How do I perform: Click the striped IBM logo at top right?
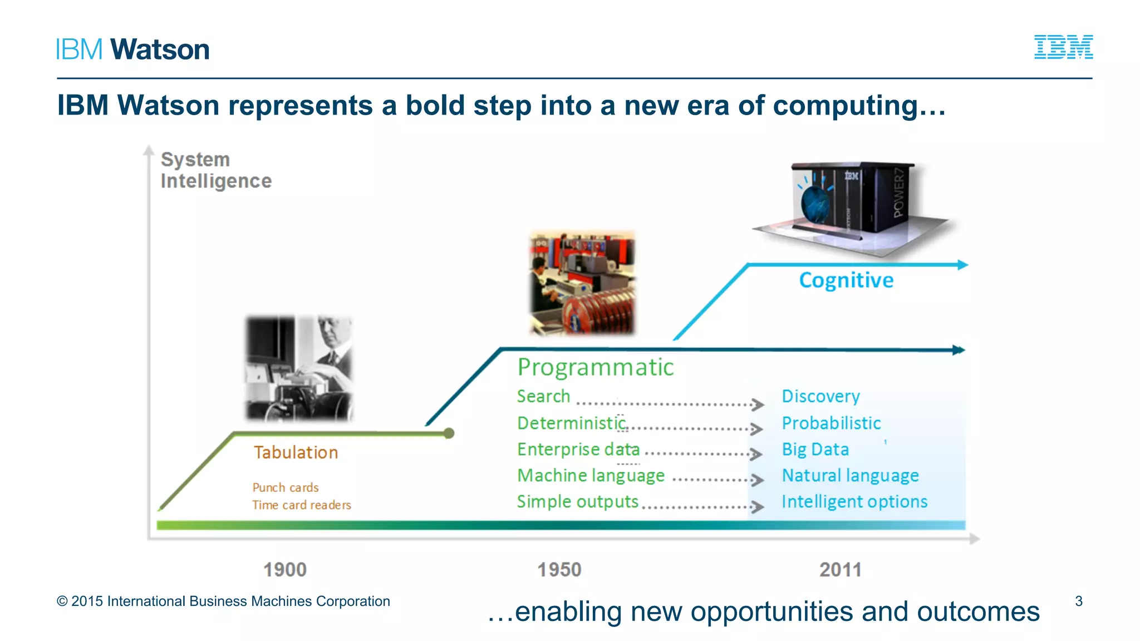pos(1063,47)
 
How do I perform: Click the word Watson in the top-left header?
pos(160,50)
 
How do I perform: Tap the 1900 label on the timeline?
pos(284,570)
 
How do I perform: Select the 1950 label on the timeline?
pos(559,570)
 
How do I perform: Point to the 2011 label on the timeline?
pos(840,570)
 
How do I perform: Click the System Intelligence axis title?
pos(215,170)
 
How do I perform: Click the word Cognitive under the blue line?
pos(846,280)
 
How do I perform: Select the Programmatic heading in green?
pos(595,367)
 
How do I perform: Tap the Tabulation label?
pos(296,452)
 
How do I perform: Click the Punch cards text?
pos(285,487)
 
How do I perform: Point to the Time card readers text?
pos(301,505)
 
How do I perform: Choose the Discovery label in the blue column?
pos(820,396)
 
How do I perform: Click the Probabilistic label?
pos(831,423)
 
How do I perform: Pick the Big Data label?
pos(815,449)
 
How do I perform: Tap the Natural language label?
pos(850,475)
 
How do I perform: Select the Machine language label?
pos(591,475)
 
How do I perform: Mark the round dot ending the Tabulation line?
pos(449,433)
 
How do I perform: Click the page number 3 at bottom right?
pos(1078,601)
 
